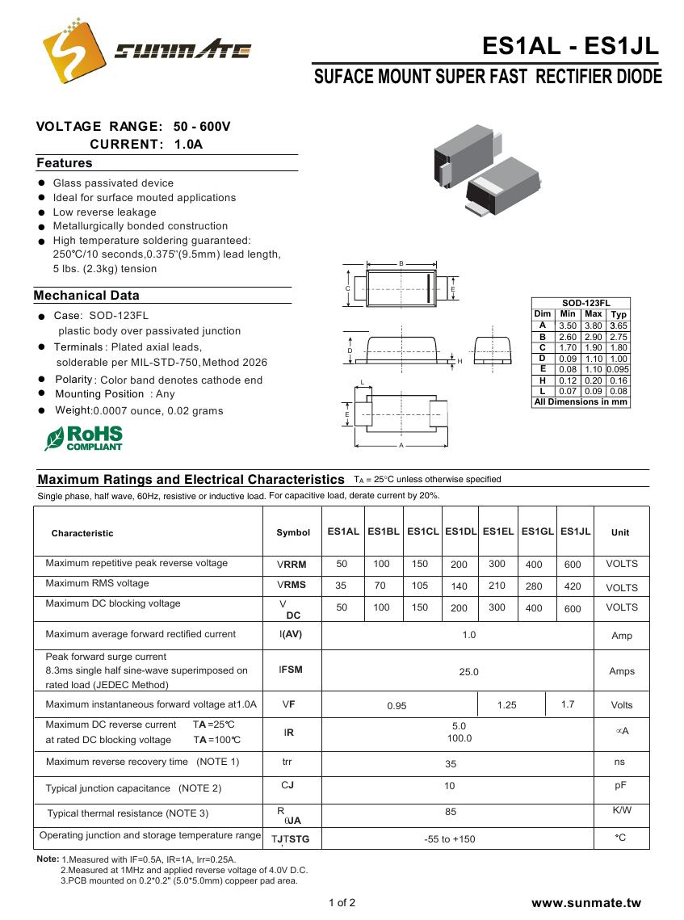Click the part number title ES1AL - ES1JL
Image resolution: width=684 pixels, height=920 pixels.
[x=570, y=46]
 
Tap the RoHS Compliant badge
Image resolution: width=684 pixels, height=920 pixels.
[x=84, y=437]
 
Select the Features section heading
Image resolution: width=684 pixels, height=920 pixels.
[x=65, y=163]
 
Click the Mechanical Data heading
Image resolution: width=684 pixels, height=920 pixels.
[x=86, y=296]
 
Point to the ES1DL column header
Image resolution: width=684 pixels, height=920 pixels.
[x=460, y=531]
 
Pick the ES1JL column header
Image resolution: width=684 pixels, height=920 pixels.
[x=576, y=531]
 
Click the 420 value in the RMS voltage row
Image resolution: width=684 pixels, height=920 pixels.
[x=573, y=586]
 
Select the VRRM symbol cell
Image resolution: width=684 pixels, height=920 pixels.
[x=292, y=565]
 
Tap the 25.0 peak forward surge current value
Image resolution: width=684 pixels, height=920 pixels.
[x=468, y=671]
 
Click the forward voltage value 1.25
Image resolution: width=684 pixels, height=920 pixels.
[x=506, y=705]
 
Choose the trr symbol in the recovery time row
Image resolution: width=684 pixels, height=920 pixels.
[x=287, y=762]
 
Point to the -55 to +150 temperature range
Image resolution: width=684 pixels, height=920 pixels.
[x=450, y=839]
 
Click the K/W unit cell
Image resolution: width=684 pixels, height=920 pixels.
[x=622, y=810]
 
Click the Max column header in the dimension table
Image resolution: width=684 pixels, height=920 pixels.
[x=593, y=313]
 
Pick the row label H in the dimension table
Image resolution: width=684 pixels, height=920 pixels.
[x=543, y=380]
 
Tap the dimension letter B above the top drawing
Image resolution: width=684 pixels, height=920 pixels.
[x=401, y=264]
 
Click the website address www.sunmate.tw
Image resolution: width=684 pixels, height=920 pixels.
[x=586, y=902]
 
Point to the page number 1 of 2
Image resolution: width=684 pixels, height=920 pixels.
[x=342, y=902]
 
